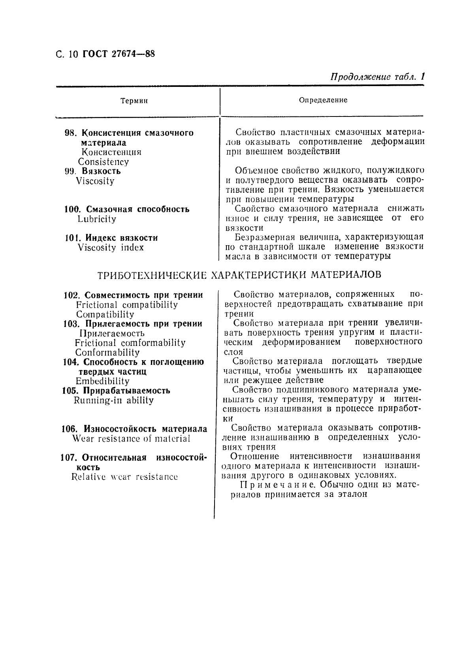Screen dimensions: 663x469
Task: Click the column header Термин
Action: (x=134, y=101)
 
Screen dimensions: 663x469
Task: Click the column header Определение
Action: (x=323, y=100)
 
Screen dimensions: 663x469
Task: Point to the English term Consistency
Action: (x=103, y=162)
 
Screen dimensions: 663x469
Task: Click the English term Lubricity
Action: (x=97, y=219)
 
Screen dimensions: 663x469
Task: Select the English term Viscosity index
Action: (x=111, y=248)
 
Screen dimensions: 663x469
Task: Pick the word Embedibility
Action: (x=102, y=381)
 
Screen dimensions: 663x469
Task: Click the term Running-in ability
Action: (x=113, y=400)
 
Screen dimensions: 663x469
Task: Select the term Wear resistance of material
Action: (x=131, y=439)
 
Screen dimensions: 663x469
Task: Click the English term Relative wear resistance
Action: (x=124, y=477)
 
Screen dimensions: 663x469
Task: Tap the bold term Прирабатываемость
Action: (x=127, y=391)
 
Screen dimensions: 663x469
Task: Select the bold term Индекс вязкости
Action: (x=122, y=238)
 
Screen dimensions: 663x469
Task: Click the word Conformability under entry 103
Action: (x=107, y=353)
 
